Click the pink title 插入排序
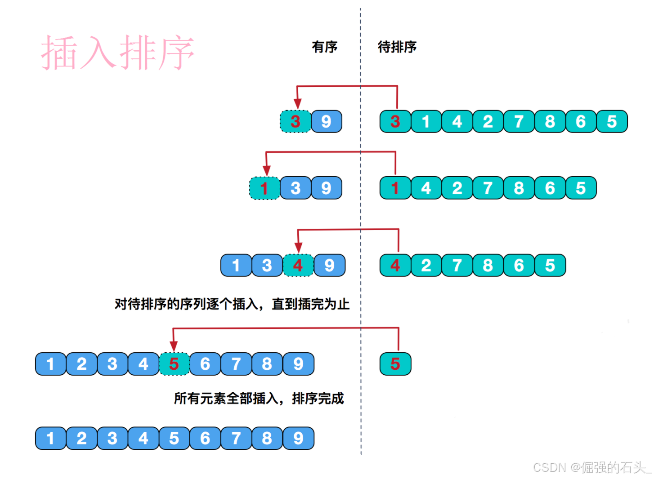pyautogui.click(x=118, y=53)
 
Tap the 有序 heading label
pyautogui.click(x=324, y=47)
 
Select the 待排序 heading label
pyautogui.click(x=397, y=47)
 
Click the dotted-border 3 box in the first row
pyautogui.click(x=296, y=121)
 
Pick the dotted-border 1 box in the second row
pyautogui.click(x=264, y=188)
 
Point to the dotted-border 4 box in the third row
pyautogui.click(x=298, y=266)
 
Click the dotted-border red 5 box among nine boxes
pyautogui.click(x=174, y=364)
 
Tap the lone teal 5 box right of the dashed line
pyautogui.click(x=395, y=364)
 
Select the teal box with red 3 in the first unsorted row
pyautogui.click(x=395, y=121)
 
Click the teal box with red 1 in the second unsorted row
pyautogui.click(x=395, y=188)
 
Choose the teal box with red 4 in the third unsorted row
pyautogui.click(x=395, y=266)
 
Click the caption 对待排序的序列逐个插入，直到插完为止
pyautogui.click(x=232, y=304)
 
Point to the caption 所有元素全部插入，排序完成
pyautogui.click(x=259, y=399)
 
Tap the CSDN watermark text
pyautogui.click(x=591, y=468)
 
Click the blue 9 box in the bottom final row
pyautogui.click(x=298, y=439)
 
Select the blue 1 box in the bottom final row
pyautogui.click(x=50, y=439)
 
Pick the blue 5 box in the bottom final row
pyautogui.click(x=174, y=439)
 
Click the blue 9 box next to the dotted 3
pyautogui.click(x=327, y=121)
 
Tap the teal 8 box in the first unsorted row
pyautogui.click(x=550, y=121)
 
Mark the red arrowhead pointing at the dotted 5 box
pyautogui.click(x=174, y=347)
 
